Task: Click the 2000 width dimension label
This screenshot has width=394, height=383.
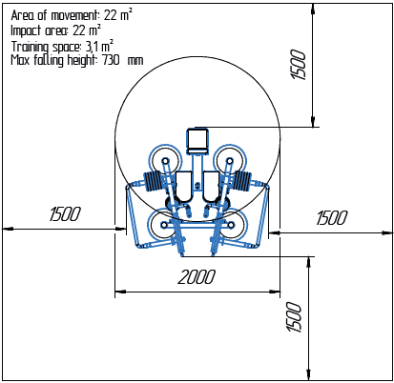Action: coord(197,276)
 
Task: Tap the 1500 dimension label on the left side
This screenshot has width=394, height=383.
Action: coord(65,213)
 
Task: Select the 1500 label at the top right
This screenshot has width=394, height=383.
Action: coord(298,65)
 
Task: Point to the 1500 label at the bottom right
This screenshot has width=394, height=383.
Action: coord(294,316)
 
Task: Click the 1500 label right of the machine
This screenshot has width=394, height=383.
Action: coord(332,218)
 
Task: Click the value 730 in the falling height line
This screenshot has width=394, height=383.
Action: coord(111,60)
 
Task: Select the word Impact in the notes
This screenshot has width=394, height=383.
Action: coord(26,31)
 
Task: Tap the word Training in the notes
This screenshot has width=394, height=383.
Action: coord(30,47)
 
